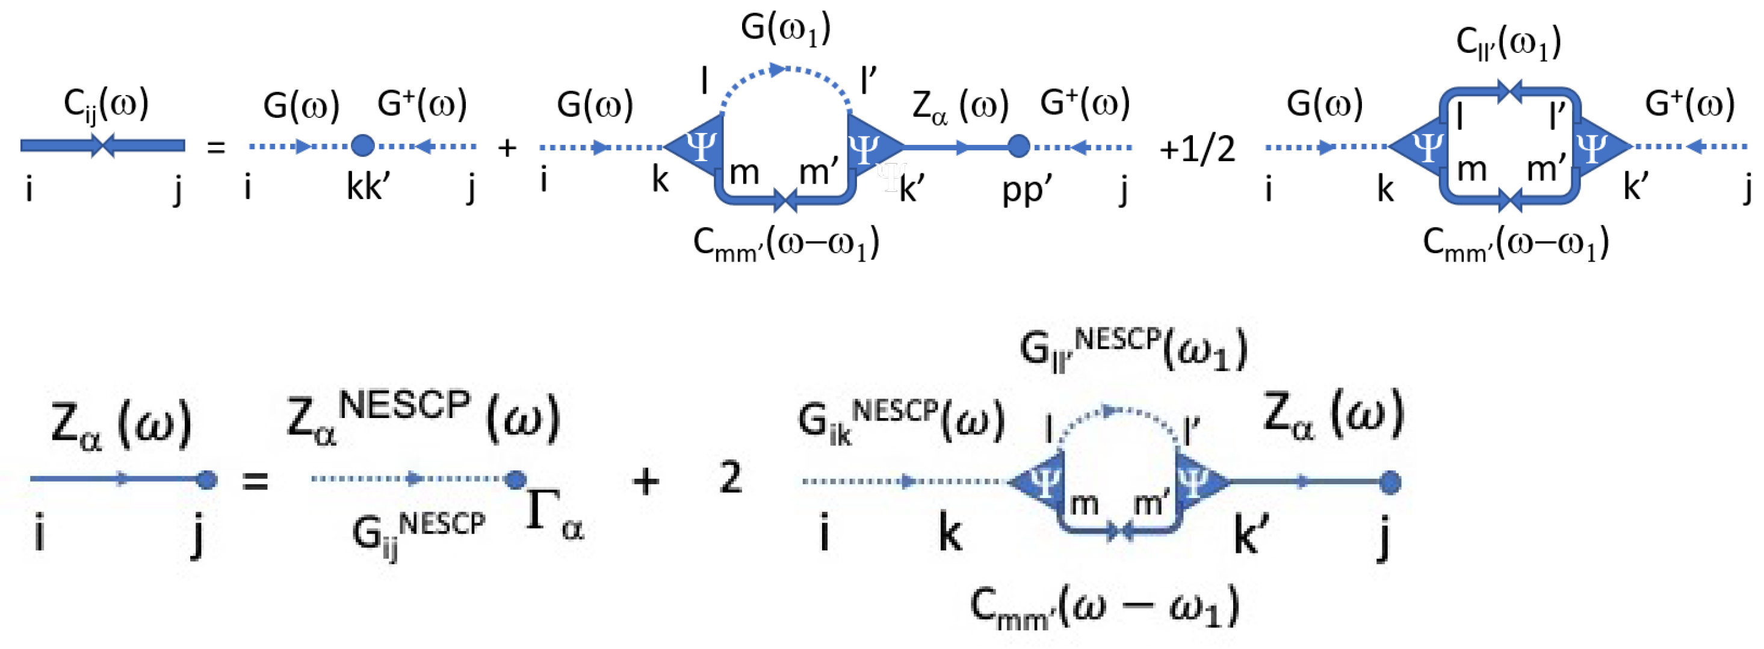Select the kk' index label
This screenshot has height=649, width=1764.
[x=368, y=186]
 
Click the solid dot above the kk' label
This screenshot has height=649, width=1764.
[x=362, y=146]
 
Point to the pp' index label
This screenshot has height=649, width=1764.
[x=1027, y=188]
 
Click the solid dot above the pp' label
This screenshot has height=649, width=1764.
[x=1019, y=146]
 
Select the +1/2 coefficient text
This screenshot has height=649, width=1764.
[x=1197, y=149]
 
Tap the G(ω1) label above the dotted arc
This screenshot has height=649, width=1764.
[x=785, y=29]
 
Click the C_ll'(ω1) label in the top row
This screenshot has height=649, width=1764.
[x=1508, y=43]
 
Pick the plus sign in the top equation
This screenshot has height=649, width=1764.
[x=507, y=148]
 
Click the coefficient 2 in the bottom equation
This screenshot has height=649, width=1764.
[x=731, y=478]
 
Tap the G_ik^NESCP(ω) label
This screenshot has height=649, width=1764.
[x=900, y=420]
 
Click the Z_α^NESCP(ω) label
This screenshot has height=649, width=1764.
[x=423, y=416]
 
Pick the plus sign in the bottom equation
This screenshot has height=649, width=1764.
[x=646, y=481]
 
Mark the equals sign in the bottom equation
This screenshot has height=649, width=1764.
[x=255, y=481]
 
